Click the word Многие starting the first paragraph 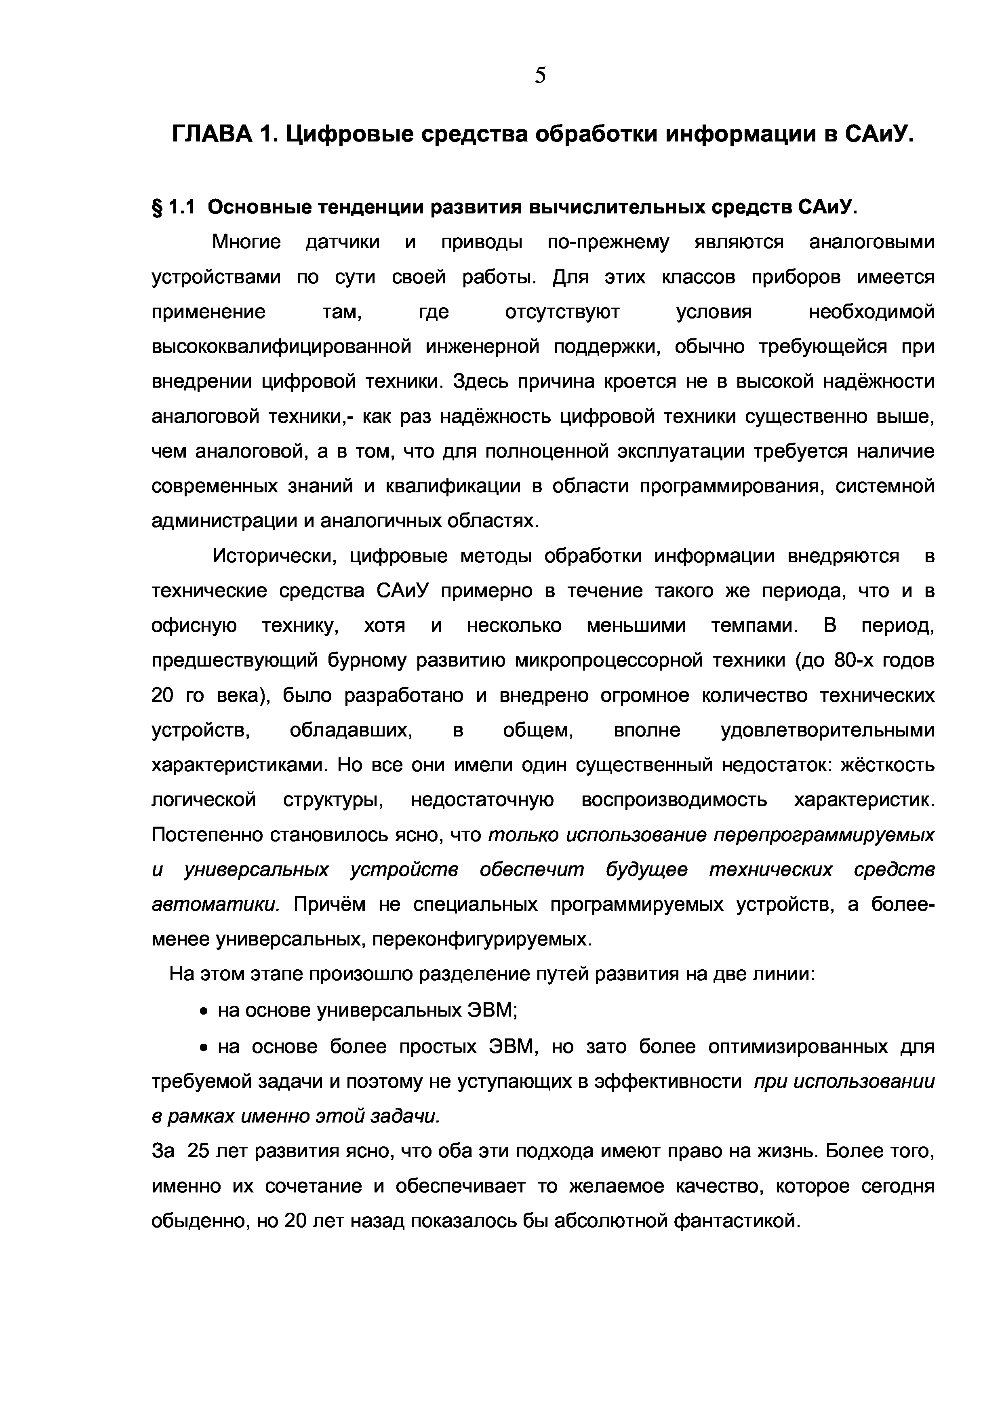coord(246,242)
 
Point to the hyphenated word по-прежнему coord(608,242)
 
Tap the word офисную coord(194,626)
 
